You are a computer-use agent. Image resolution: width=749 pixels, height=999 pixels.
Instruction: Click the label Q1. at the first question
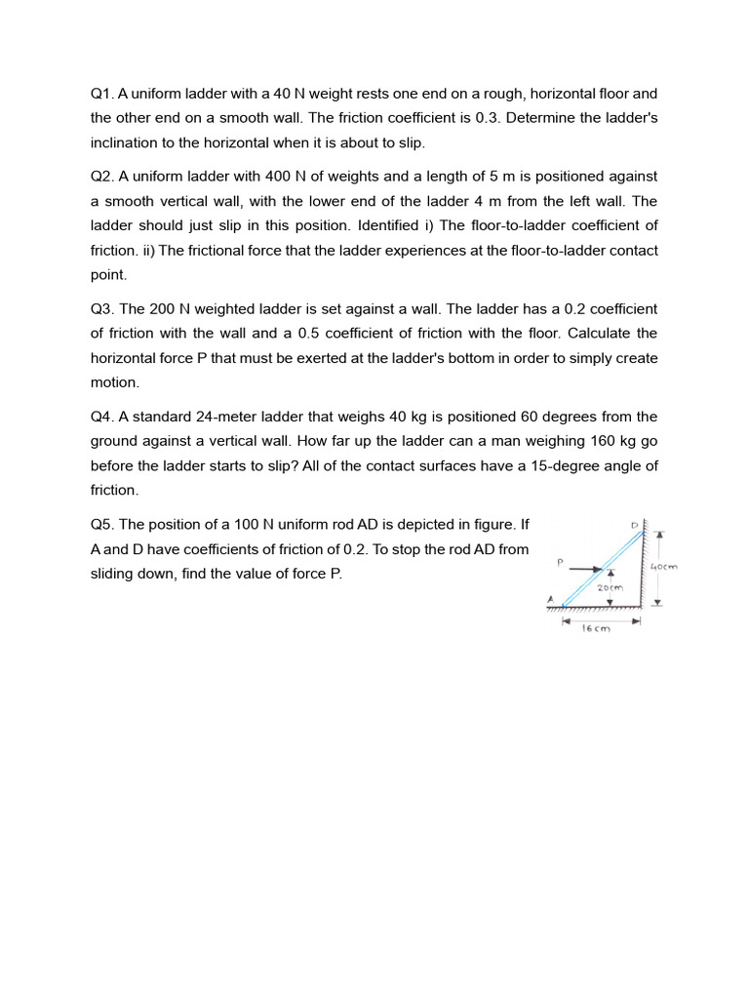click(x=102, y=94)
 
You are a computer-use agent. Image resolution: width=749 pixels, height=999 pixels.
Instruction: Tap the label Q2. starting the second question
click(x=102, y=177)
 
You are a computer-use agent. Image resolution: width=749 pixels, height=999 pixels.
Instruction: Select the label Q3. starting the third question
click(x=102, y=308)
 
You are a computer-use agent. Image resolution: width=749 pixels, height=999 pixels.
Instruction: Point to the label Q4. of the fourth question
click(x=102, y=417)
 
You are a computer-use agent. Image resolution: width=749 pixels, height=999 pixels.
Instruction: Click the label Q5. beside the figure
click(x=102, y=524)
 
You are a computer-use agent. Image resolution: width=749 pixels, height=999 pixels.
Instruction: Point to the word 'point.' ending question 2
click(x=108, y=275)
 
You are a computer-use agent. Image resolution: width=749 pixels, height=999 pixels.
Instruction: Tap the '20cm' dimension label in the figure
click(x=610, y=588)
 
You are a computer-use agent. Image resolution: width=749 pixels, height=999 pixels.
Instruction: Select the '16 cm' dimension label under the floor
click(x=595, y=629)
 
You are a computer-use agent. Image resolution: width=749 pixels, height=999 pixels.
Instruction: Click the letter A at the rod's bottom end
click(x=550, y=599)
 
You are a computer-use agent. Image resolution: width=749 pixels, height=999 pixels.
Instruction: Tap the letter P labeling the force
click(x=560, y=562)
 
